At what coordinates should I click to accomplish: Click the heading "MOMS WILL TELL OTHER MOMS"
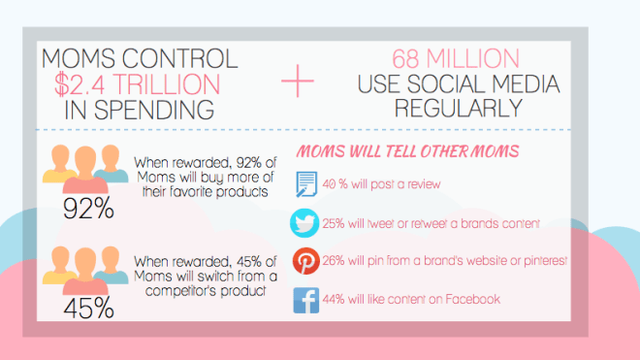click(408, 152)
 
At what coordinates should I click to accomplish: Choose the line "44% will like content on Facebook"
click(413, 300)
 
